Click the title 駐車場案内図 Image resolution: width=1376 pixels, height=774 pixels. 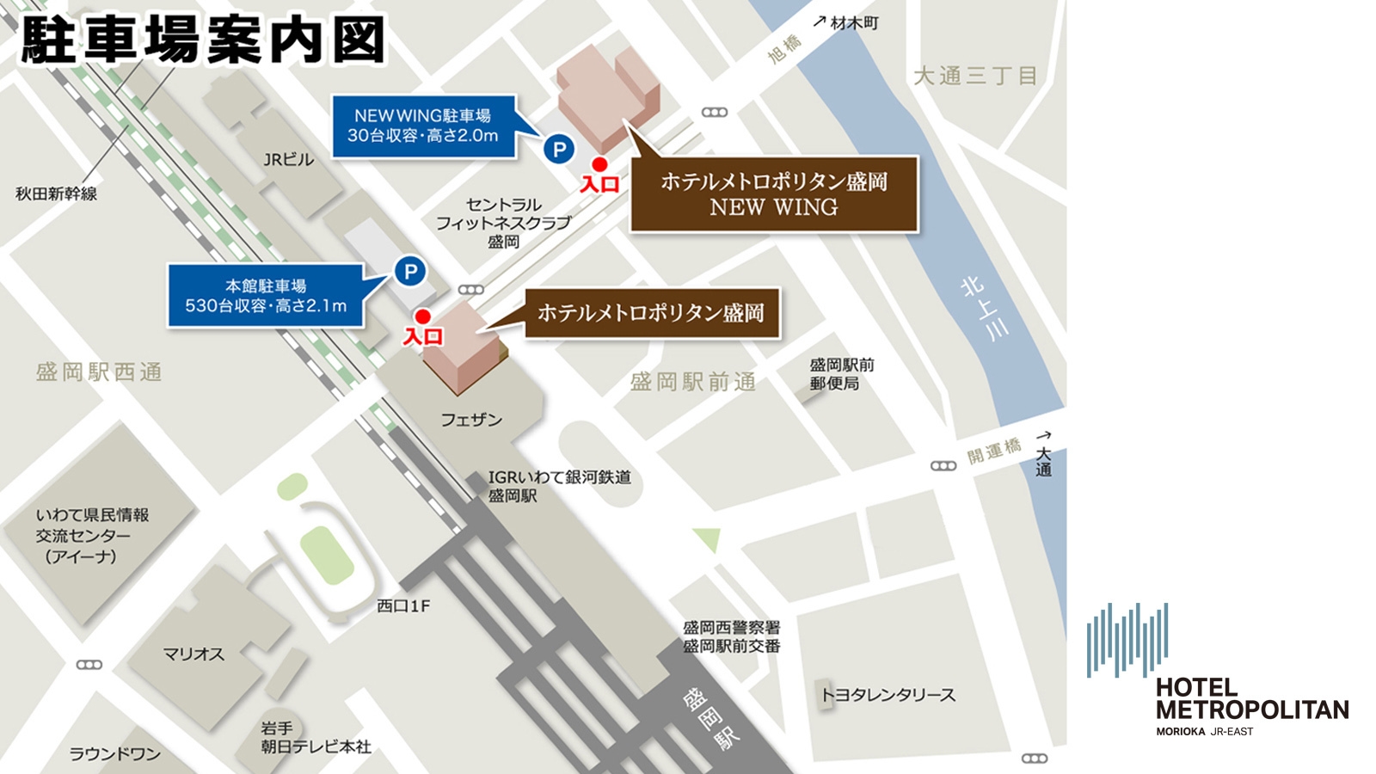click(x=203, y=40)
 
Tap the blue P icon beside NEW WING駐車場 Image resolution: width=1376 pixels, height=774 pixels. click(x=559, y=150)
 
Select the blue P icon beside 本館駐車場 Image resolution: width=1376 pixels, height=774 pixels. click(x=410, y=272)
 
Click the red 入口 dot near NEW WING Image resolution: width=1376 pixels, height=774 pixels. click(x=599, y=164)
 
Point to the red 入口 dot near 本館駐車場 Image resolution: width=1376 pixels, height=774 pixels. click(x=422, y=316)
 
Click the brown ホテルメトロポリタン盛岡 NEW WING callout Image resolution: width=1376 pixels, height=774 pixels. click(x=773, y=194)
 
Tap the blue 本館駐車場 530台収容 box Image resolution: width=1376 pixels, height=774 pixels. click(x=266, y=296)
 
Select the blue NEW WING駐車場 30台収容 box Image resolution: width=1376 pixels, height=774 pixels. click(x=422, y=126)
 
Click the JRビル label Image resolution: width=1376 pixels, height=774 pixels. click(x=288, y=159)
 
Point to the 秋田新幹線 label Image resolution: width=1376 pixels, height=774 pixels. click(x=56, y=193)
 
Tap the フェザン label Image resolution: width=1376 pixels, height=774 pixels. click(x=470, y=420)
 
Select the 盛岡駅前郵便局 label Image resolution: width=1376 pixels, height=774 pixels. click(x=841, y=374)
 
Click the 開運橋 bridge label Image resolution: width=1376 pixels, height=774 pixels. click(x=993, y=450)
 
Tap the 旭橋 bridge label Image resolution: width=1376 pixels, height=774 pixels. click(x=784, y=49)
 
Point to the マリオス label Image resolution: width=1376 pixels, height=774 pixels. click(x=193, y=654)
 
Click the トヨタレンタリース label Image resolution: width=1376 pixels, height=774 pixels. click(x=888, y=695)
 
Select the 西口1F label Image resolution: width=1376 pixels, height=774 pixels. click(x=403, y=606)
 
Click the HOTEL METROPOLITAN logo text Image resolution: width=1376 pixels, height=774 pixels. click(x=1251, y=699)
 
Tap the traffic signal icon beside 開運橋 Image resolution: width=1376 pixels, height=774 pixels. click(x=943, y=465)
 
